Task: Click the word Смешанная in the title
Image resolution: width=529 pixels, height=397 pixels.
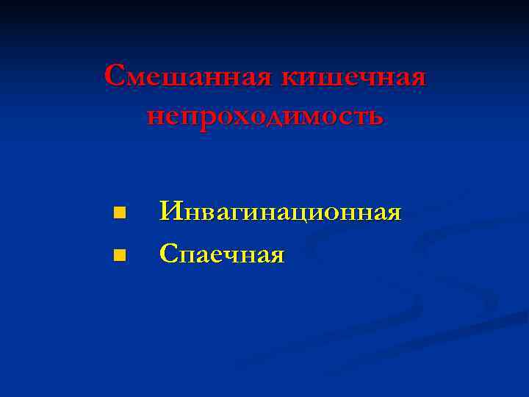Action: (187, 76)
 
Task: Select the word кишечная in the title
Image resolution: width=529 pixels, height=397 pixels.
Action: (352, 76)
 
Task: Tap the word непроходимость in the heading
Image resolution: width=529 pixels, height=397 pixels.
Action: (264, 116)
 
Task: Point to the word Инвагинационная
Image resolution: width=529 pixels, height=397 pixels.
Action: (281, 213)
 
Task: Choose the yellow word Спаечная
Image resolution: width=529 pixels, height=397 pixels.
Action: (222, 255)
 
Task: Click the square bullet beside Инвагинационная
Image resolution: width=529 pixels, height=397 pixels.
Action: (119, 214)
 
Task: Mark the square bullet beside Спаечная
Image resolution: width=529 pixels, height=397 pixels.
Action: (119, 256)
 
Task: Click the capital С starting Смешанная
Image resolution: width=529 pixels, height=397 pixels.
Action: (115, 76)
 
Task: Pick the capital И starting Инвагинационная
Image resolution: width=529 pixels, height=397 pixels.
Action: (170, 213)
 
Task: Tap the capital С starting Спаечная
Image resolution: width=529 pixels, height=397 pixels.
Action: (168, 255)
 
